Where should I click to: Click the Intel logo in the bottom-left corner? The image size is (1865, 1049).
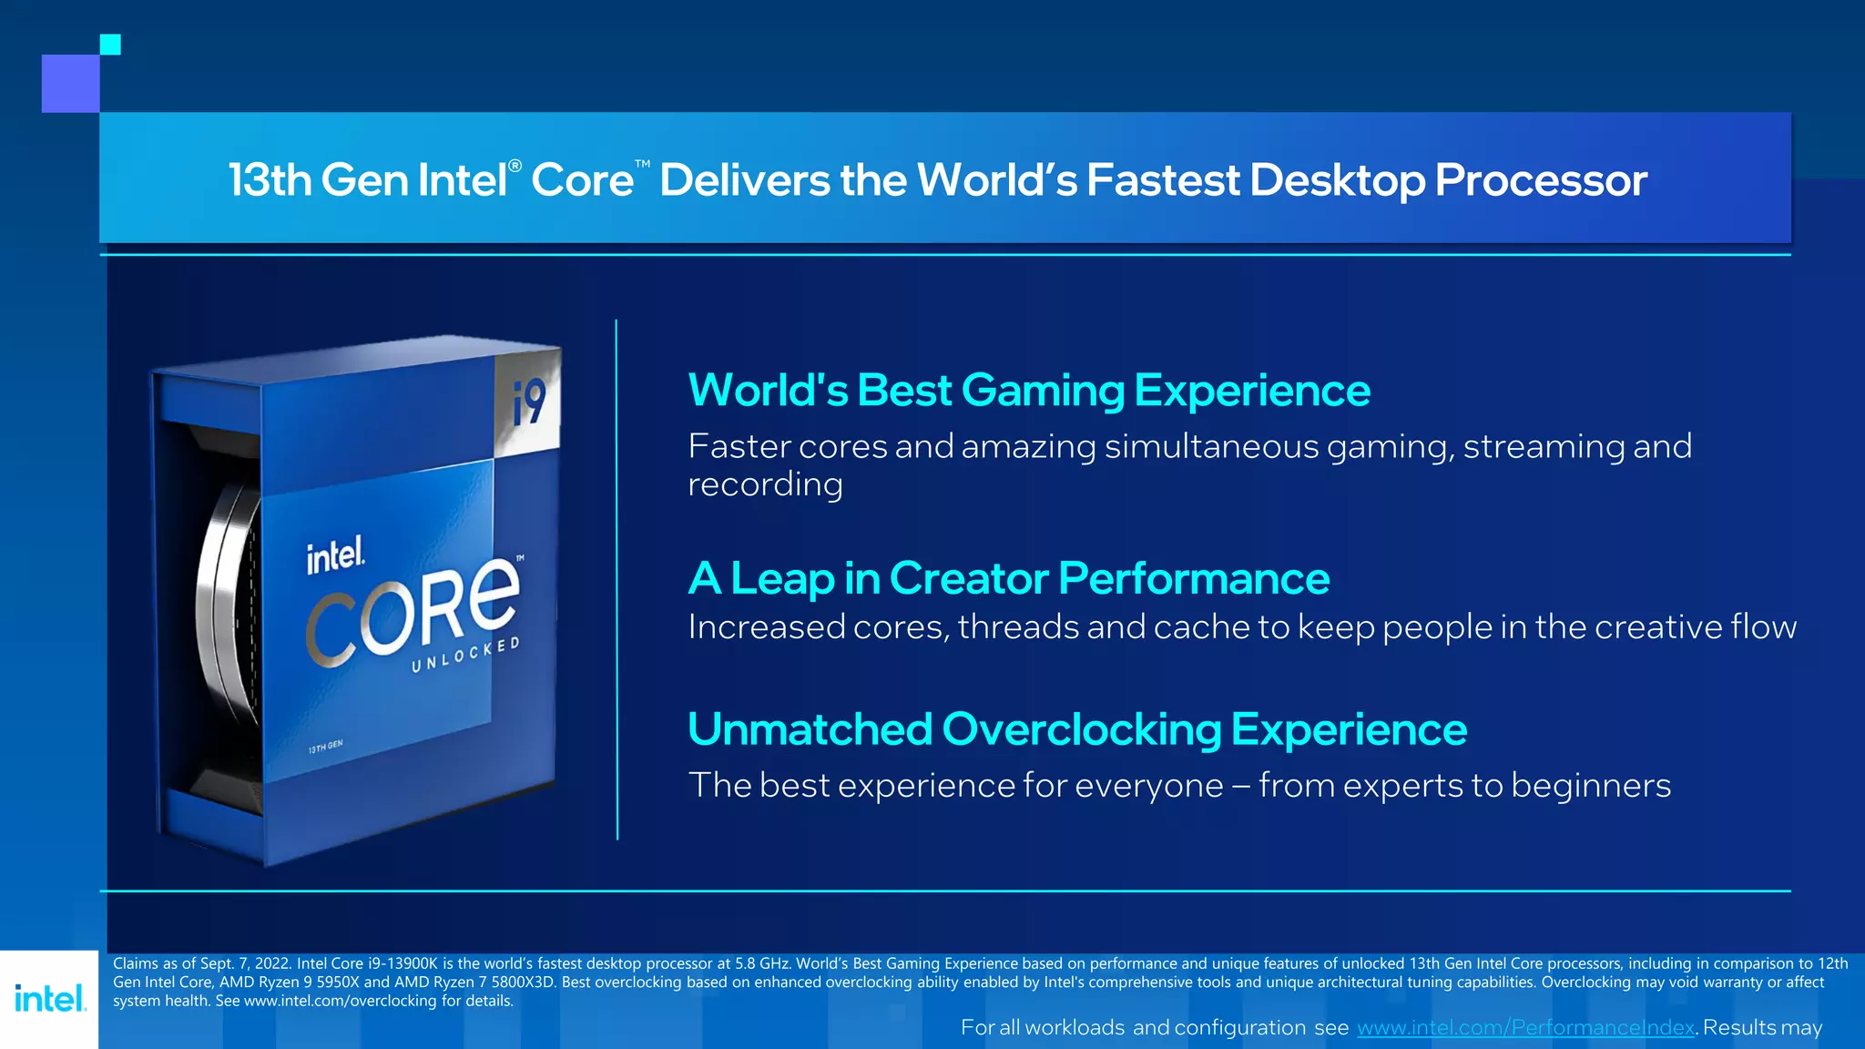[50, 998]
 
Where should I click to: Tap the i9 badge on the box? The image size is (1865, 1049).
[528, 402]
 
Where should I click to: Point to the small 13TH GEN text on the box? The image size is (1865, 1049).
[325, 747]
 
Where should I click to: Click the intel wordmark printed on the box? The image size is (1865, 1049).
[335, 555]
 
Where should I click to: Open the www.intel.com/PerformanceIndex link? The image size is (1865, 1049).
[1525, 1027]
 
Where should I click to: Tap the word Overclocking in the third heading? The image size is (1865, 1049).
[1081, 729]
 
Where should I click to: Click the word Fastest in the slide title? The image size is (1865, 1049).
[1162, 179]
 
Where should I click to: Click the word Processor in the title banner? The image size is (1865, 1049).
[1541, 179]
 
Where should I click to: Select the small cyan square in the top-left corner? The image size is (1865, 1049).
[110, 45]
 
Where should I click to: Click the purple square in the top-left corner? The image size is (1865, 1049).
[70, 84]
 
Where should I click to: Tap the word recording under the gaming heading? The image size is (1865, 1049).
[765, 484]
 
